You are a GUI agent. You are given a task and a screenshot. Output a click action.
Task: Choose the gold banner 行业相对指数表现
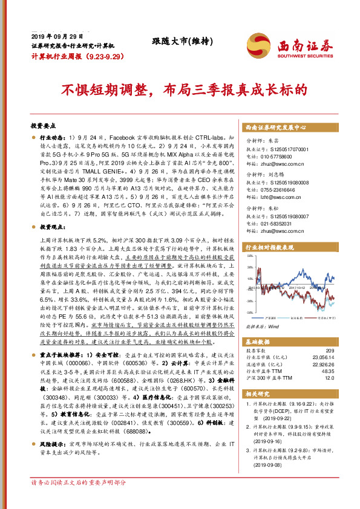click(269, 247)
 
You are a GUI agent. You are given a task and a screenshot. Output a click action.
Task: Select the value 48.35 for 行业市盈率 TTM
click(327, 371)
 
